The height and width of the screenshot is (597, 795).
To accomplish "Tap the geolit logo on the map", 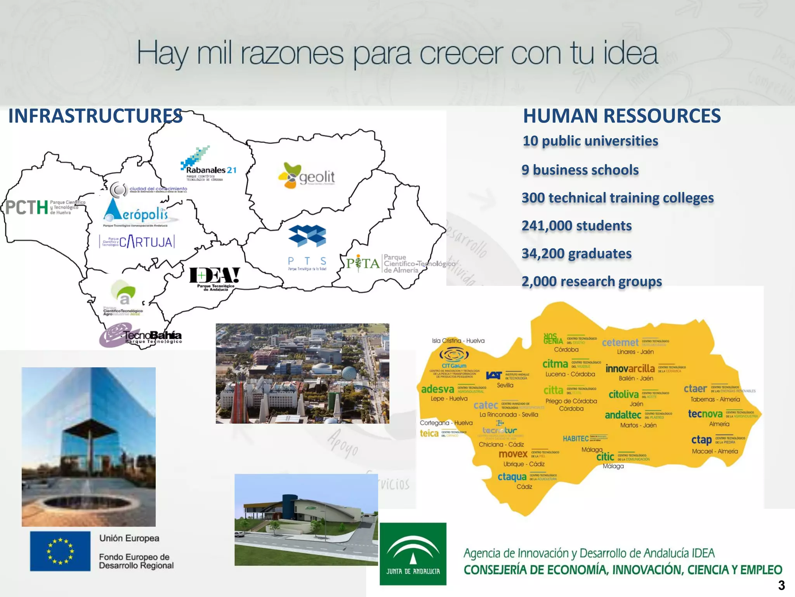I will click(307, 176).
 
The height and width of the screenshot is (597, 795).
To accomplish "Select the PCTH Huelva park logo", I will click(45, 207).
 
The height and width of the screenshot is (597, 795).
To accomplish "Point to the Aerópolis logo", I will click(135, 212).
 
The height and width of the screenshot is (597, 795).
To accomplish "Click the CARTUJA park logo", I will click(137, 242).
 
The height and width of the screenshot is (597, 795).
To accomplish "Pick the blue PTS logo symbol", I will click(307, 236).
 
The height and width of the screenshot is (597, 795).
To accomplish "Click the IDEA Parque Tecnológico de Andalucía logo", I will click(214, 278).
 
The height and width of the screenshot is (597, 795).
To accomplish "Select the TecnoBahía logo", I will click(141, 336).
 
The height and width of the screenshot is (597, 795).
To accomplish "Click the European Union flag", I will click(60, 551).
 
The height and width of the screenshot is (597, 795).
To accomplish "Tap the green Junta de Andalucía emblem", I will click(413, 554).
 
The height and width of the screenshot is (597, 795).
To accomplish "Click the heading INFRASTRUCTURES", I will click(95, 116).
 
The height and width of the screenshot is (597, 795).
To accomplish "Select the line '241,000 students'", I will click(576, 226).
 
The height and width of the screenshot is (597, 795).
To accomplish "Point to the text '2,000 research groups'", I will click(591, 281).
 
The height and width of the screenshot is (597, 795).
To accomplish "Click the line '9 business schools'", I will click(580, 170).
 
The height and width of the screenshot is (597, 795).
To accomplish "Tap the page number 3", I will click(781, 585).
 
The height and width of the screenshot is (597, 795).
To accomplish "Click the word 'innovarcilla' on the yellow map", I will click(630, 368).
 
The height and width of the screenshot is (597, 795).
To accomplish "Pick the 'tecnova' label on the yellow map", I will click(705, 414).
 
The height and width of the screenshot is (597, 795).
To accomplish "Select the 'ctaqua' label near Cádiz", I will click(512, 477).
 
